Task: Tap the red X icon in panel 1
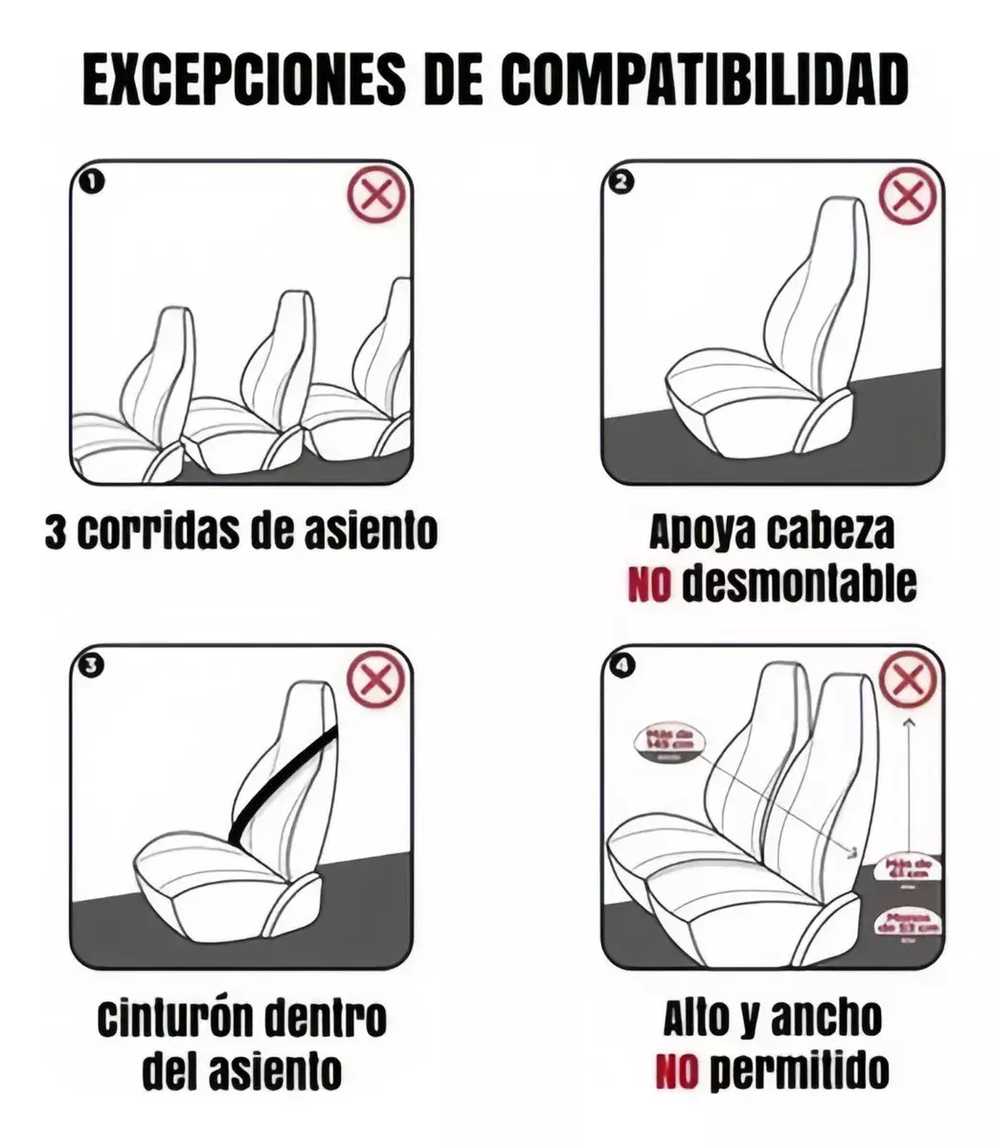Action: pyautogui.click(x=375, y=198)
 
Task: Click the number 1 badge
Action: pyautogui.click(x=90, y=180)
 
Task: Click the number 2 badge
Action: pyautogui.click(x=621, y=180)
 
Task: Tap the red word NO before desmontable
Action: pyautogui.click(x=648, y=585)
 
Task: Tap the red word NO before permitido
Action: pyautogui.click(x=676, y=1069)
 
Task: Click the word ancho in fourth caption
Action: pyautogui.click(x=825, y=1019)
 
